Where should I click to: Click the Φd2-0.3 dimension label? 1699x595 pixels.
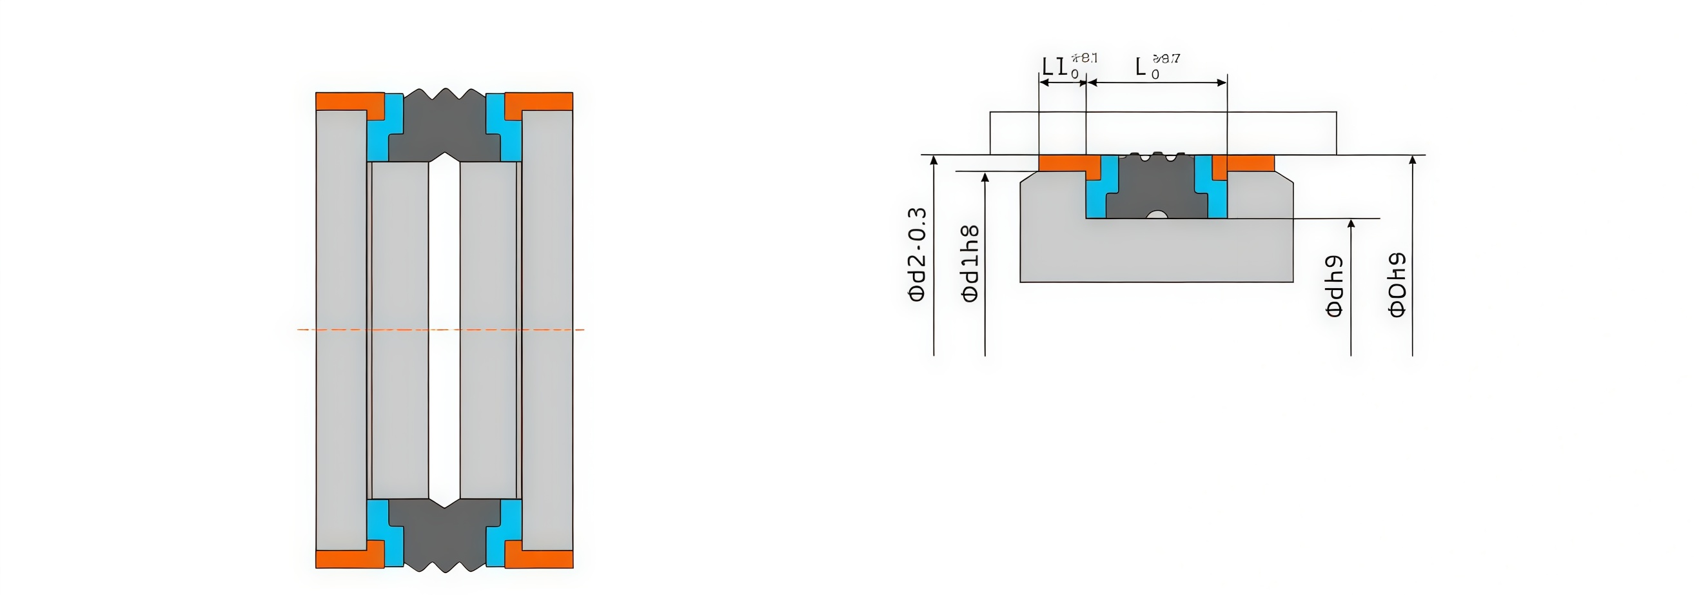tap(918, 255)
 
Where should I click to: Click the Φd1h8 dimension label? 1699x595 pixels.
tap(970, 263)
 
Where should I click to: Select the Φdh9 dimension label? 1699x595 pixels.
tap(1333, 286)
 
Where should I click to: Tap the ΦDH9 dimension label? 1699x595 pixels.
tap(1397, 284)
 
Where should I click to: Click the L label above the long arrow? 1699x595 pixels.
tap(1141, 66)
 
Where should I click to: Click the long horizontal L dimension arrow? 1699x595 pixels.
tap(1157, 83)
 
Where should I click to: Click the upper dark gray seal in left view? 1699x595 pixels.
tap(444, 129)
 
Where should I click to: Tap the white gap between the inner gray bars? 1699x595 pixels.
tap(444, 330)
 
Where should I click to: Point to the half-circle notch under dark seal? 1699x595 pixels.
tap(1157, 215)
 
